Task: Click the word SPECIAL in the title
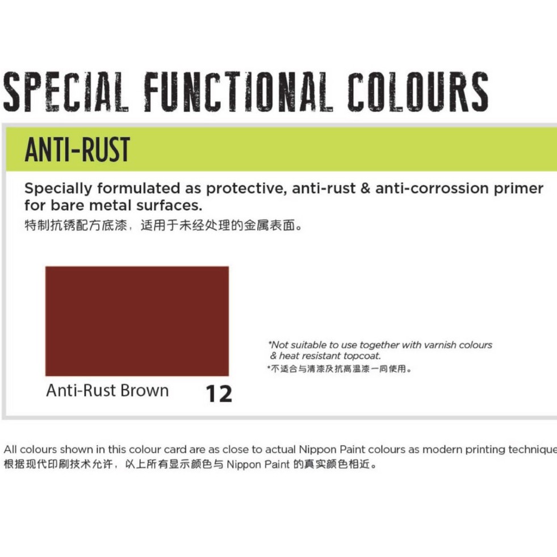[65, 91]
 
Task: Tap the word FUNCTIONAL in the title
[238, 91]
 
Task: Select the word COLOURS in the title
[418, 91]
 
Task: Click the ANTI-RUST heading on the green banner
[77, 150]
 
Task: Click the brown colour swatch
[137, 321]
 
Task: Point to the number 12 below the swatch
[219, 393]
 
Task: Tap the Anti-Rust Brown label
[107, 391]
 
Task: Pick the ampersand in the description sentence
[365, 189]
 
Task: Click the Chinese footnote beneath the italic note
[339, 368]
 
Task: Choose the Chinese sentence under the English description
[164, 225]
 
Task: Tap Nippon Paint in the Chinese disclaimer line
[258, 464]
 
